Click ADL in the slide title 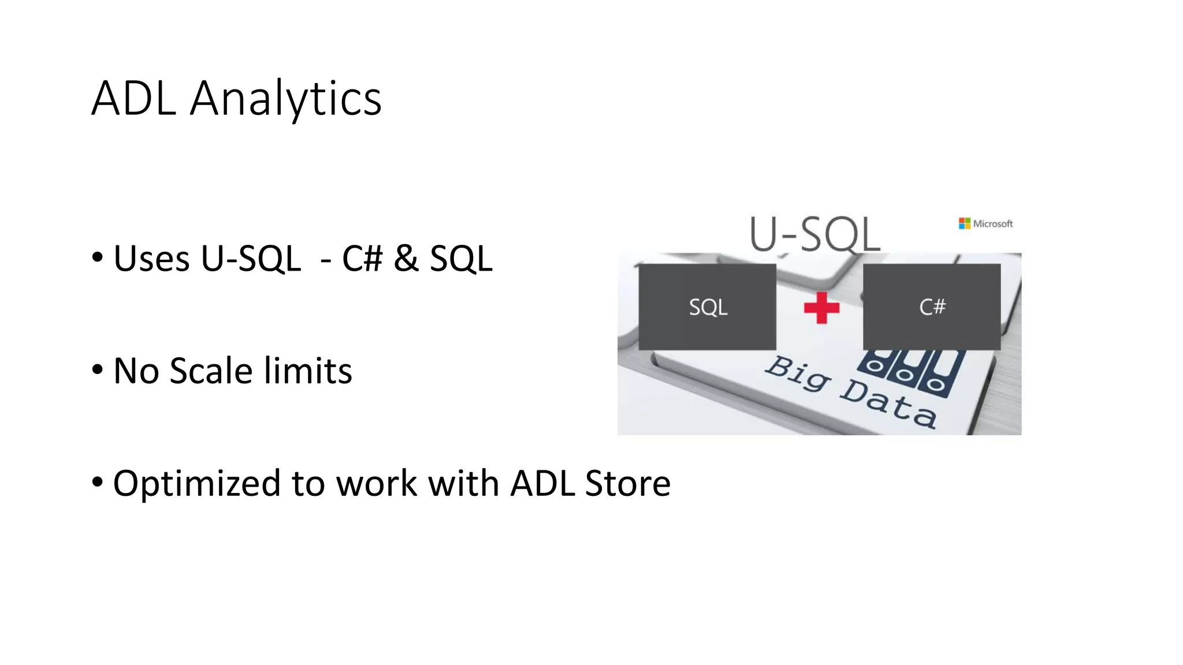coord(133,99)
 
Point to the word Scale coord(211,371)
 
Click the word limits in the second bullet coord(308,371)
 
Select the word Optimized coord(196,483)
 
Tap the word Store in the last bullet coord(627,483)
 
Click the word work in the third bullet coord(377,483)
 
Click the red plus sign coord(821,307)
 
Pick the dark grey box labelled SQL coord(708,307)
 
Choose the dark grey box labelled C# coord(932,307)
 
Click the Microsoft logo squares coord(965,223)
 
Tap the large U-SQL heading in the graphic coord(815,234)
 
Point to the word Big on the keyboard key coord(799,374)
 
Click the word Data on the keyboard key coord(888,403)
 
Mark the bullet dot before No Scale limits coord(98,370)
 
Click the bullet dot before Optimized coord(98,482)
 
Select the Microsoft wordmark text coord(993,224)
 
